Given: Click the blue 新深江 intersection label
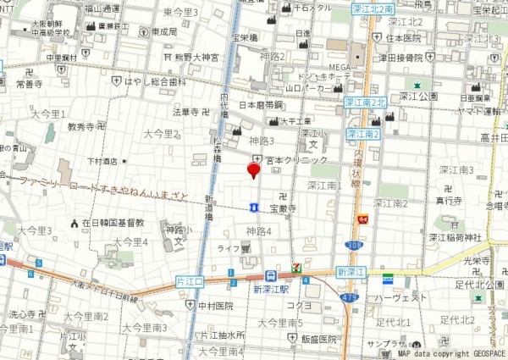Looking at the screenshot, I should tap(351, 271).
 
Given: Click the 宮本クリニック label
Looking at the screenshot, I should tap(295, 160).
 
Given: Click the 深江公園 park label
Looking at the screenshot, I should tap(418, 97).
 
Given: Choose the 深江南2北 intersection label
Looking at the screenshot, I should tap(364, 101).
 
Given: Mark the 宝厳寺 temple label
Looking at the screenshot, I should tap(283, 208).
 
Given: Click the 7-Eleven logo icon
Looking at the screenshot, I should tap(295, 268).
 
